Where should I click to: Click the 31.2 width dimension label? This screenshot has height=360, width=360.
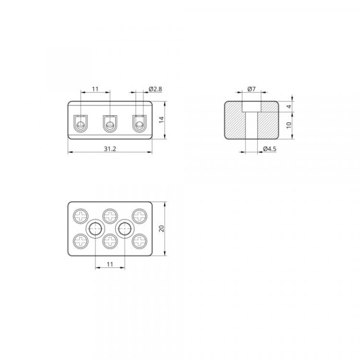coord(110,149)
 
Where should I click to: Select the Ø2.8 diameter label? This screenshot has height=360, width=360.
coord(155,89)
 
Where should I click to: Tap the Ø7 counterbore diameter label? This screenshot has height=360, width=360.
coord(251,89)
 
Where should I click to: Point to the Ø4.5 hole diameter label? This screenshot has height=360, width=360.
coord(270,149)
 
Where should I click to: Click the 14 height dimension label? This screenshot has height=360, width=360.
coord(161,120)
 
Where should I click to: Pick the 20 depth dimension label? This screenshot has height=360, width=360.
coord(161,228)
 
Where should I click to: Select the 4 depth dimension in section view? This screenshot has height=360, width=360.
coord(289,106)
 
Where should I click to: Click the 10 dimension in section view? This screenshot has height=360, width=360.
coord(289,125)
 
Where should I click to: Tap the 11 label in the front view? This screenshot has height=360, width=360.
coord(95,89)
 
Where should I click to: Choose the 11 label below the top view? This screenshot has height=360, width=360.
coord(110,264)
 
